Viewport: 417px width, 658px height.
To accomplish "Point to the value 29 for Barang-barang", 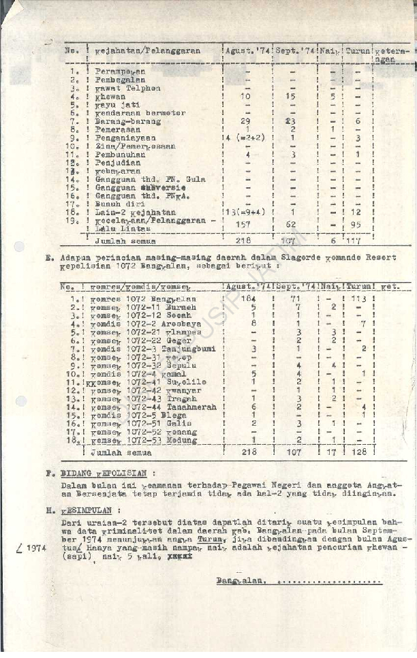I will coord(246,121).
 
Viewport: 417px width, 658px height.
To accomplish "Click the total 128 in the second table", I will coord(359,452).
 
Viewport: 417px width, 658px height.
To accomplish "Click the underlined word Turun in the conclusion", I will coord(200,538).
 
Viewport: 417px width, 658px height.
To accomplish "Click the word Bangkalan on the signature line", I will coord(238,582).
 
